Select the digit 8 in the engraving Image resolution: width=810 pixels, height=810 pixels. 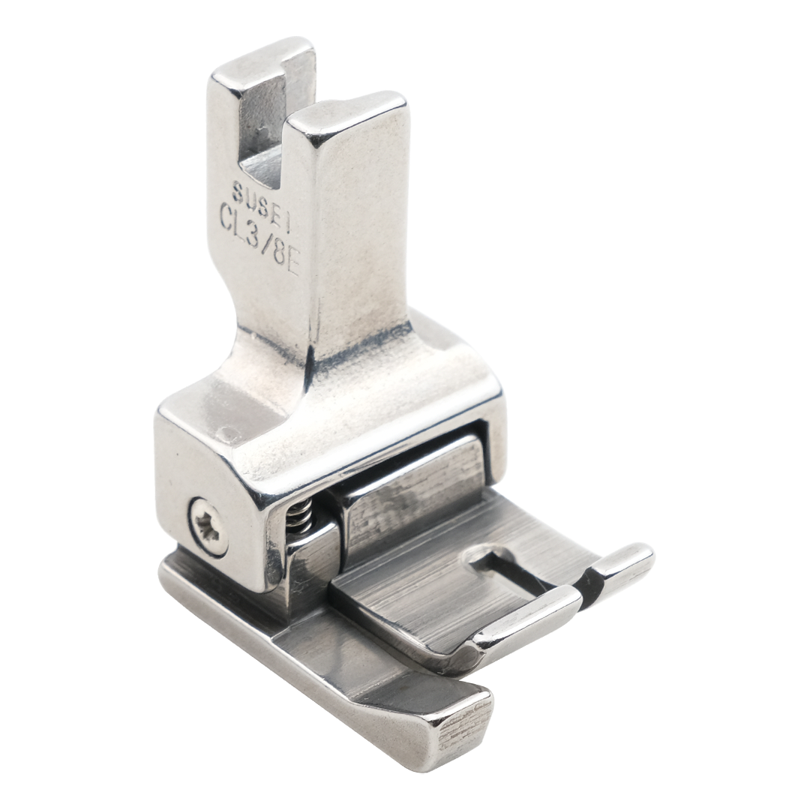tap(280, 246)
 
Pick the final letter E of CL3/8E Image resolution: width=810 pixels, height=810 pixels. tap(292, 258)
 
